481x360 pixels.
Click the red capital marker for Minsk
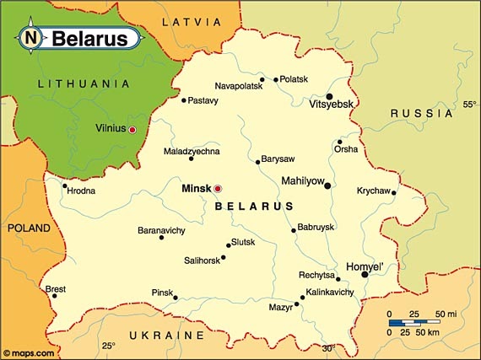(x=218, y=188)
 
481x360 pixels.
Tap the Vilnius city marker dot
(x=132, y=129)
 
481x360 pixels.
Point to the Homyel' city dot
(x=365, y=274)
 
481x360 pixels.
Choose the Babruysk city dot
(x=294, y=229)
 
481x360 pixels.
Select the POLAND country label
(x=29, y=228)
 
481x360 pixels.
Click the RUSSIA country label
(x=410, y=112)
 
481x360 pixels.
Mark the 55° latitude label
(x=470, y=105)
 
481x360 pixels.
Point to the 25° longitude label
(x=108, y=346)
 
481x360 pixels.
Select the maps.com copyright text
(x=30, y=353)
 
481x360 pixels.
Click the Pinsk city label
(x=161, y=292)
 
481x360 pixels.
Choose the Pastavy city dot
(x=183, y=100)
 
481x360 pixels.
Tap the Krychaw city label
(x=372, y=190)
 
